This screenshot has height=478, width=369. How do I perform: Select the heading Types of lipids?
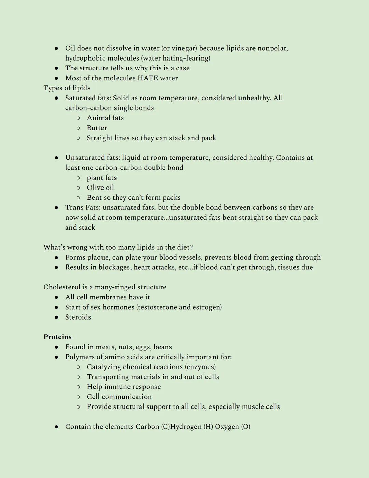pos(67,88)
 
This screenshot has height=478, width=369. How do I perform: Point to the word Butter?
pos(97,128)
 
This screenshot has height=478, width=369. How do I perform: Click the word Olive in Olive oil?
pos(95,188)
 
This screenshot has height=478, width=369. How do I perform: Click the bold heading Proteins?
pos(57,337)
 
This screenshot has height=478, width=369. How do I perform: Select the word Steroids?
pos(78,317)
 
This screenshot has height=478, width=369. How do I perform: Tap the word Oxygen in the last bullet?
pos(227,427)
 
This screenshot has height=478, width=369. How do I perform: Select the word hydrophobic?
pos(85,58)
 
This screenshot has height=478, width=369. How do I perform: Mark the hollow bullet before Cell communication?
pos(78,397)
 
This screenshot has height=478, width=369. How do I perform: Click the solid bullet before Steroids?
pos(56,317)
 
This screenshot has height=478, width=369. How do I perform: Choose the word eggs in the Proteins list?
pos(143,347)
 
